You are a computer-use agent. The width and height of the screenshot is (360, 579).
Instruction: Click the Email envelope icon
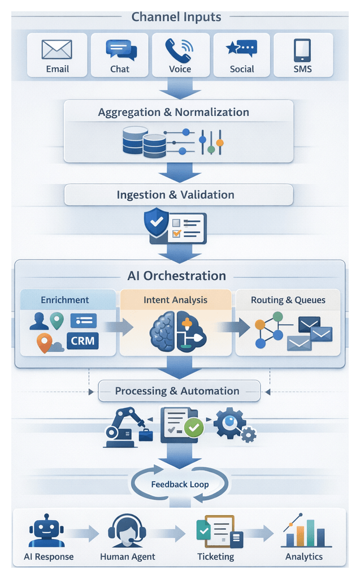(x=57, y=50)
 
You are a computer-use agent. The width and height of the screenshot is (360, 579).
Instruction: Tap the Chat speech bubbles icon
(x=121, y=50)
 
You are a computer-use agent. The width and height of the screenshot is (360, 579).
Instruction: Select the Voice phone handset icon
(x=180, y=50)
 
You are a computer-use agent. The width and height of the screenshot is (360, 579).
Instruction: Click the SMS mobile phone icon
(x=302, y=50)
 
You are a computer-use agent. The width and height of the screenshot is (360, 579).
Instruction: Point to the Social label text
(x=241, y=69)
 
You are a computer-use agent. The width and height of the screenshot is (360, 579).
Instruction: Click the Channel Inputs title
(x=176, y=16)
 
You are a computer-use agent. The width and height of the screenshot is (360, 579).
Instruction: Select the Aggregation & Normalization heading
(x=174, y=112)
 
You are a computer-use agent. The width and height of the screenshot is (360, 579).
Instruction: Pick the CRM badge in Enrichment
(x=83, y=340)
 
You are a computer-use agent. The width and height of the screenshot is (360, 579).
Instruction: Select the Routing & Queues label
(x=288, y=300)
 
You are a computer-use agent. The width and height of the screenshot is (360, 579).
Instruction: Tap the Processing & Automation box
(x=177, y=391)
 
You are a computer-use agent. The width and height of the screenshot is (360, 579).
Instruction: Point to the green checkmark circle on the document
(x=194, y=427)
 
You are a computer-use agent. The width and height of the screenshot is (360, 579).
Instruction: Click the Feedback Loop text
(x=180, y=484)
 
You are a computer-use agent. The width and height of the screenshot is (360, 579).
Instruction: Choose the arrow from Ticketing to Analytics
(x=258, y=533)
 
